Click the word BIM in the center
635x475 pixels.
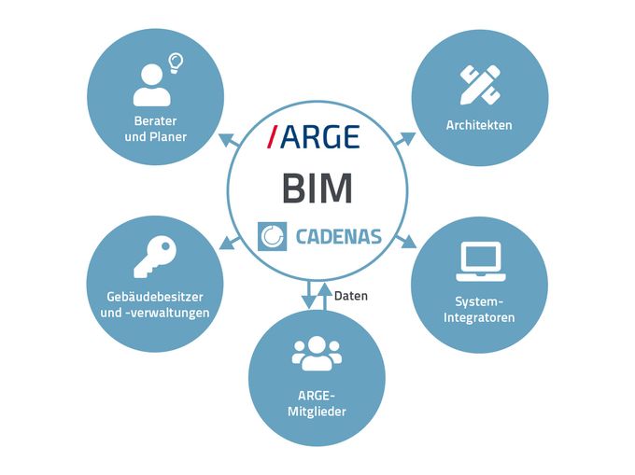(x=317, y=188)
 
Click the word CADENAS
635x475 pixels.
(x=337, y=236)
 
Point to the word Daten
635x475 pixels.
(x=351, y=296)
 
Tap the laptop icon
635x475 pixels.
(x=480, y=262)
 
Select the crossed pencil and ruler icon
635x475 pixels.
(x=479, y=83)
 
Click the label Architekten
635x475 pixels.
(x=479, y=125)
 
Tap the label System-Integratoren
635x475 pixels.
(x=481, y=310)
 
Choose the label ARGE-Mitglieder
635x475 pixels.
(x=317, y=400)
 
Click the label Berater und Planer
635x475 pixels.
(x=155, y=129)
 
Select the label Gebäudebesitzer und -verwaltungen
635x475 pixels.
(x=154, y=304)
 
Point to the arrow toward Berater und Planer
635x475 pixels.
(x=228, y=140)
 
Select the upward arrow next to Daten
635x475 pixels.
(x=323, y=295)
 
